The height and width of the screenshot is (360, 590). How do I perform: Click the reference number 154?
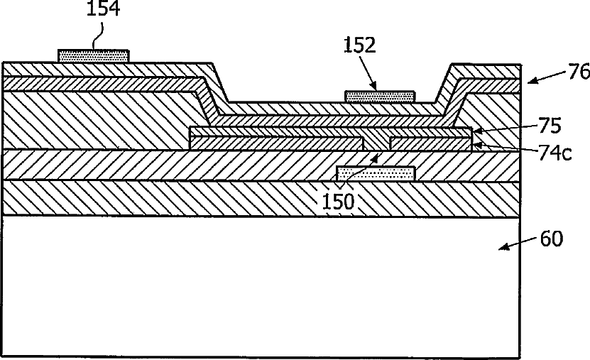(x=103, y=9)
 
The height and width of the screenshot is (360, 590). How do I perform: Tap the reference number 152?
(x=360, y=45)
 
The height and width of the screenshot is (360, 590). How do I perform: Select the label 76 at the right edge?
(x=579, y=72)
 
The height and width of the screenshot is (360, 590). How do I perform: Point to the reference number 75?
(x=550, y=126)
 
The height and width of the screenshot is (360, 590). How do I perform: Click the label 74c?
(x=555, y=153)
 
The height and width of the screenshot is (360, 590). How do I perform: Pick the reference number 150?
(x=338, y=201)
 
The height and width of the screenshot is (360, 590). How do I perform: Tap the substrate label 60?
(x=552, y=239)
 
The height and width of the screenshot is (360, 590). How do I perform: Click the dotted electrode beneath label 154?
(x=94, y=56)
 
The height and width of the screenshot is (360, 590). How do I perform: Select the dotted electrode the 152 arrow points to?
(x=380, y=97)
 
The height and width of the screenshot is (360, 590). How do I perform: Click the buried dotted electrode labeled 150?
(x=376, y=174)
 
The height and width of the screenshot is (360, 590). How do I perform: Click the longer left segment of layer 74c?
(x=277, y=143)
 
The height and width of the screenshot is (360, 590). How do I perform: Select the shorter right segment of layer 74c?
(x=430, y=143)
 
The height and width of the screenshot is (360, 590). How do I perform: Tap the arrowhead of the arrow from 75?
(x=476, y=131)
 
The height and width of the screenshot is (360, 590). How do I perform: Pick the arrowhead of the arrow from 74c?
(x=476, y=145)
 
